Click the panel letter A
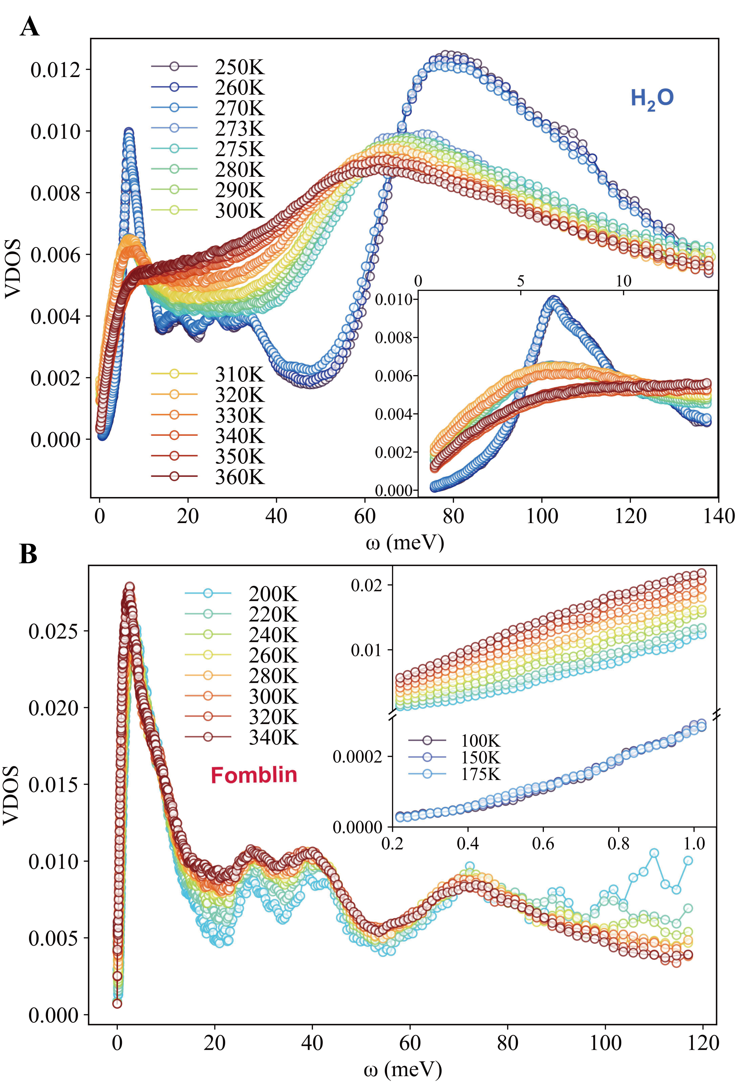click(29, 27)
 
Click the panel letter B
click(28, 554)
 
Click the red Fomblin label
click(254, 775)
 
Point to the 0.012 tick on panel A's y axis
click(55, 70)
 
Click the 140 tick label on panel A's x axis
click(717, 516)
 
